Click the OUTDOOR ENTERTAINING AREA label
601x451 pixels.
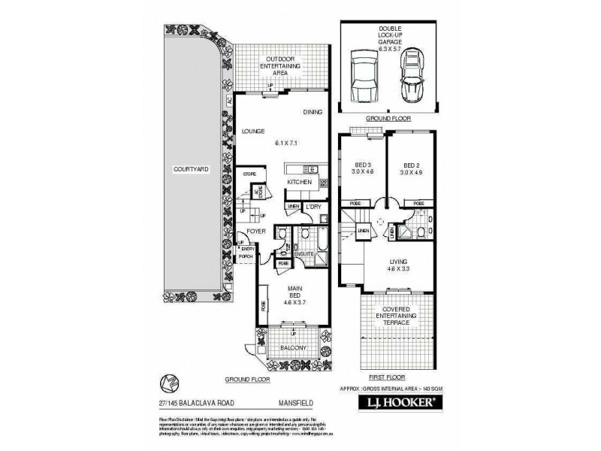click(280, 66)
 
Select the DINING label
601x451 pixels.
click(313, 112)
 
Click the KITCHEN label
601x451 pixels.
click(298, 182)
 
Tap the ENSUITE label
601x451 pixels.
click(304, 254)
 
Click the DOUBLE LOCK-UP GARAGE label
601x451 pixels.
click(389, 35)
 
